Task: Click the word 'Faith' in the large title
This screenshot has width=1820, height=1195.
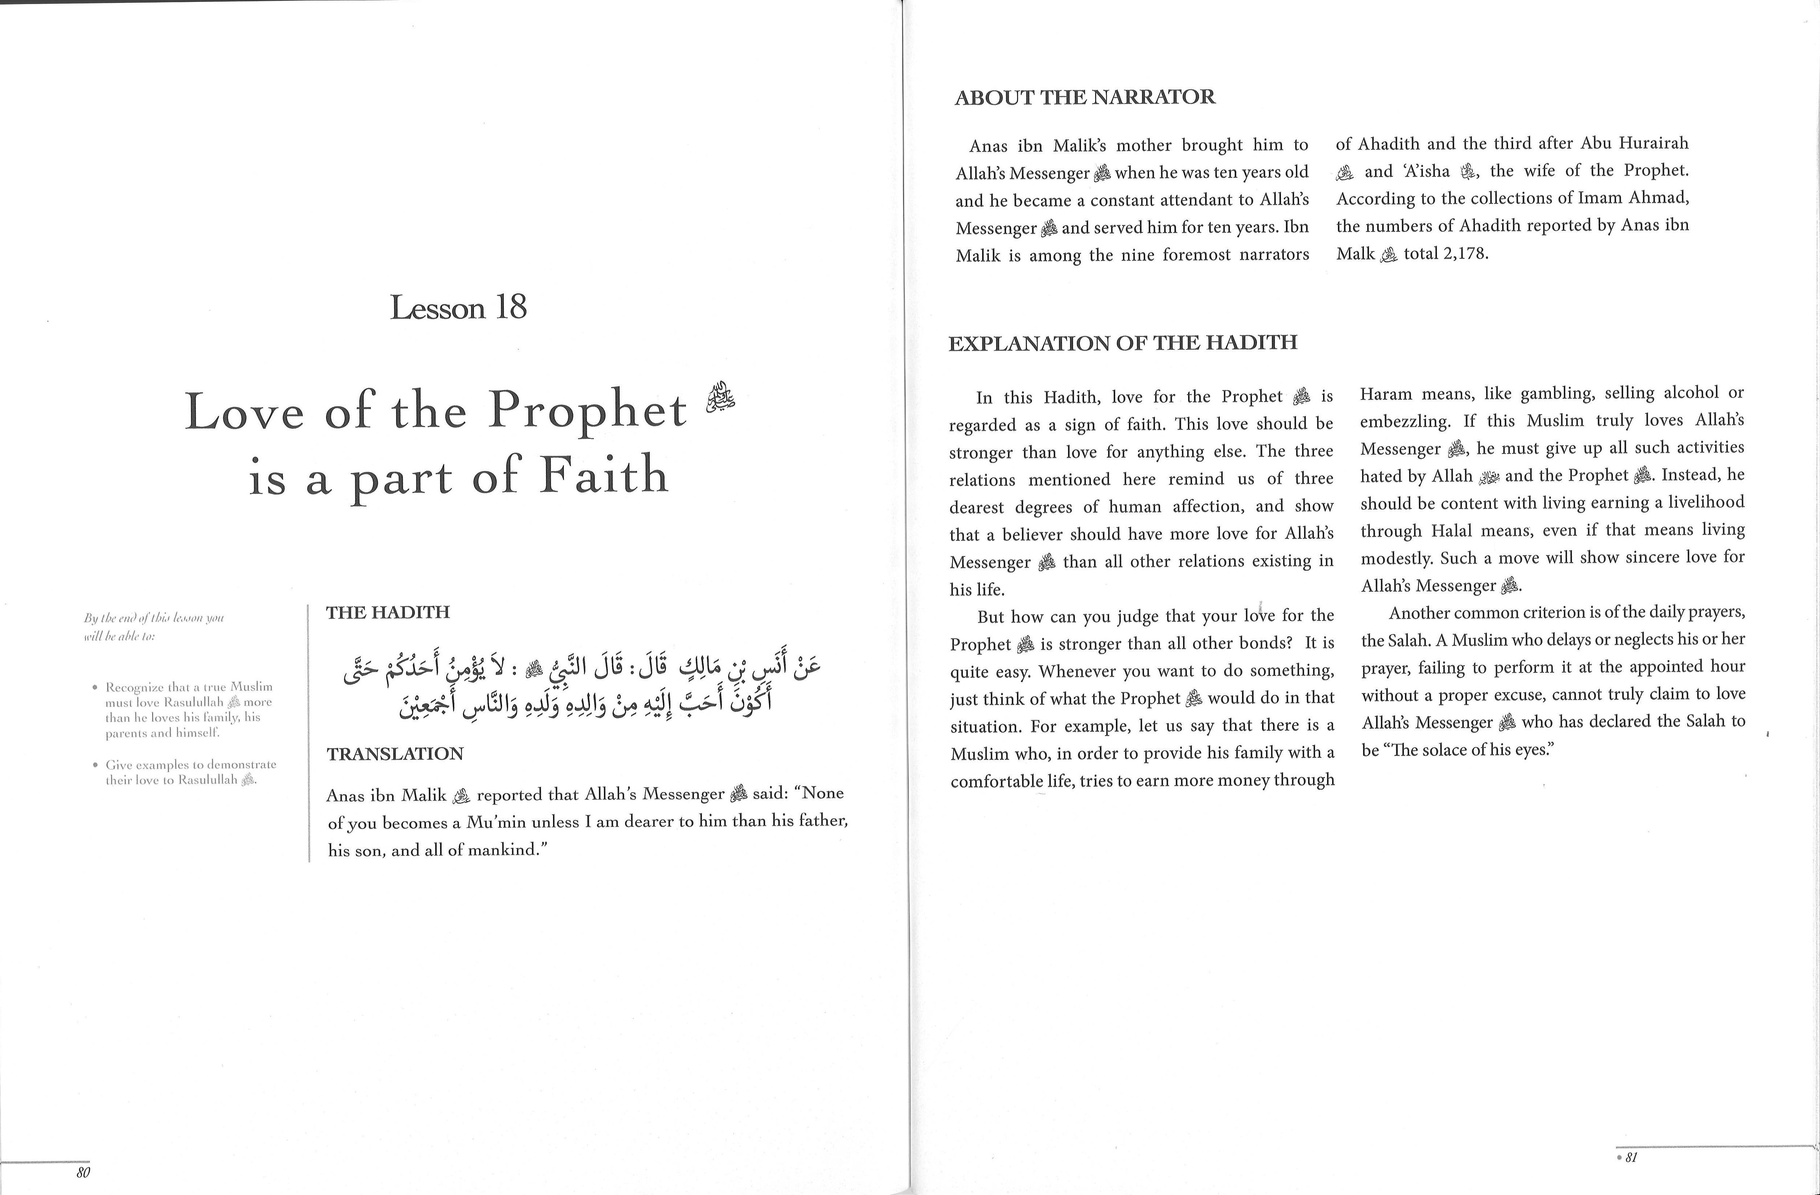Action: tap(604, 475)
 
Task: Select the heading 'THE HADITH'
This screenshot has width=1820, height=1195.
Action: tap(388, 612)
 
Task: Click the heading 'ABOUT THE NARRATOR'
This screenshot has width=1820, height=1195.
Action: tap(1084, 97)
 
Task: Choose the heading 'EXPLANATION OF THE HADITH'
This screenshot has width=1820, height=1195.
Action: tap(1123, 343)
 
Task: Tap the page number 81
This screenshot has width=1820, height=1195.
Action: tap(1630, 1157)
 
